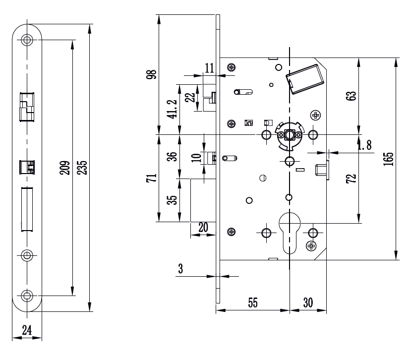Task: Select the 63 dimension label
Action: (x=352, y=96)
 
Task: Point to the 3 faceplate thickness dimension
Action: (x=180, y=269)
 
